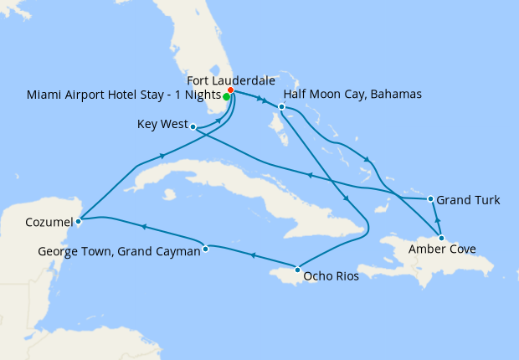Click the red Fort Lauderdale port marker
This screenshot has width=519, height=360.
coord(230,90)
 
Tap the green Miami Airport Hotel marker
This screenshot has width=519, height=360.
coord(227,96)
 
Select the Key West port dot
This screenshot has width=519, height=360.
coord(193,127)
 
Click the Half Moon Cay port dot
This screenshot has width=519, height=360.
coord(282,106)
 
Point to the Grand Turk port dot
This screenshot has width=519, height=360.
coord(430,199)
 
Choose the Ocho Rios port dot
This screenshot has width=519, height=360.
coord(298,270)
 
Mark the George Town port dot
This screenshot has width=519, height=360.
coord(206,247)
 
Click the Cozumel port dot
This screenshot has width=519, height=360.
coord(78,222)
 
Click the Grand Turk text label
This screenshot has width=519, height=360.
coord(469,200)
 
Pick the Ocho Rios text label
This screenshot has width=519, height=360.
coord(331,275)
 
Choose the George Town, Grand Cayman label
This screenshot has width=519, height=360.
coord(120,250)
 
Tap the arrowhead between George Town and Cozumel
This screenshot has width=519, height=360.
coord(144,226)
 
